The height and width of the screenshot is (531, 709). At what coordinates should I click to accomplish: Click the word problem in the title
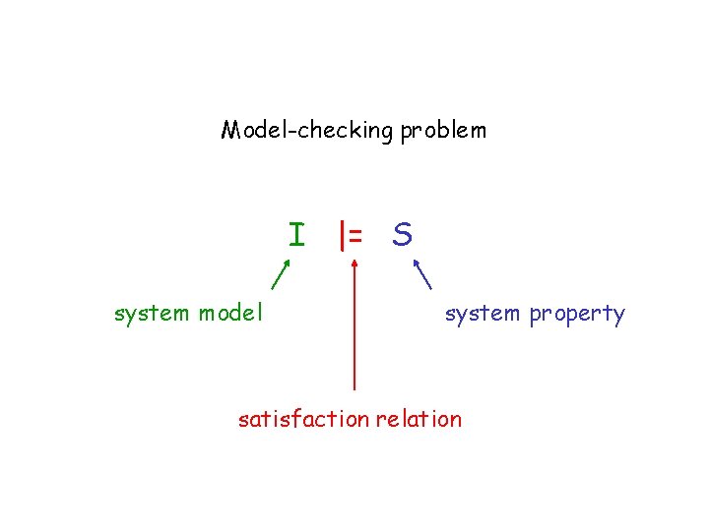(x=443, y=131)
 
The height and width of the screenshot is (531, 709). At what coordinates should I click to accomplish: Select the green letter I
(x=296, y=235)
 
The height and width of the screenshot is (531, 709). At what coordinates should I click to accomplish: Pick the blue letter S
(x=402, y=235)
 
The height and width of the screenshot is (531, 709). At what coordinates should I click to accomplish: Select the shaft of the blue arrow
(x=425, y=274)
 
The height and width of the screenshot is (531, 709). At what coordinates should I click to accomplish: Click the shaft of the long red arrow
(x=354, y=334)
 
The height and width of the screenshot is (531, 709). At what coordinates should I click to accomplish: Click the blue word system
(x=483, y=314)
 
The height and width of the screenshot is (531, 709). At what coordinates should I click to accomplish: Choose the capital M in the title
(x=231, y=130)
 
